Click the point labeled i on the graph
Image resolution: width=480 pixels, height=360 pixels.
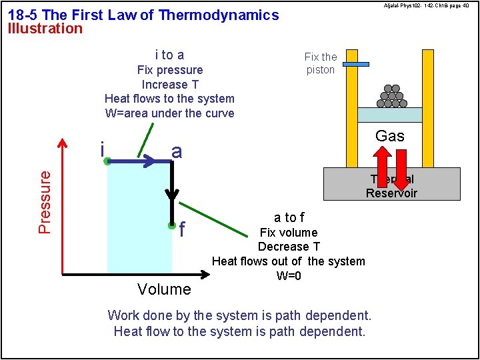tap(107, 161)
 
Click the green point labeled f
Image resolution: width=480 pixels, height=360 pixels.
tap(172, 225)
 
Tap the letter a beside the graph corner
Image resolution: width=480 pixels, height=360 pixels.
tap(177, 152)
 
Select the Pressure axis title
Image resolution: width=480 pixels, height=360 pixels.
tap(45, 202)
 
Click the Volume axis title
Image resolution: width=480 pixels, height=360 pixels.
tap(164, 289)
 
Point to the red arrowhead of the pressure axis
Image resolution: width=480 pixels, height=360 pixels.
tap(63, 143)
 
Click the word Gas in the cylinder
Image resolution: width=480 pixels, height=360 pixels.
tap(389, 137)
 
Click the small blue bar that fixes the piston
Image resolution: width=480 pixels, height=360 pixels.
tap(357, 64)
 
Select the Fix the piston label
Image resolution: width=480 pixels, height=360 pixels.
tap(321, 63)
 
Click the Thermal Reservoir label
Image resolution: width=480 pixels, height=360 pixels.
tap(391, 186)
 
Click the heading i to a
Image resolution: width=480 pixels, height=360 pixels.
tap(169, 55)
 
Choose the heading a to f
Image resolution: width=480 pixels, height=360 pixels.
tap(289, 217)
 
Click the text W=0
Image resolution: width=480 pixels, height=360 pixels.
tap(289, 276)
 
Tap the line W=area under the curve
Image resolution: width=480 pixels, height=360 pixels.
tap(169, 113)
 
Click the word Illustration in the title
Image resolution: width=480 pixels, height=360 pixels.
tap(45, 29)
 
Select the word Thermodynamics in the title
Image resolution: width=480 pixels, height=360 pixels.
tap(219, 15)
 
